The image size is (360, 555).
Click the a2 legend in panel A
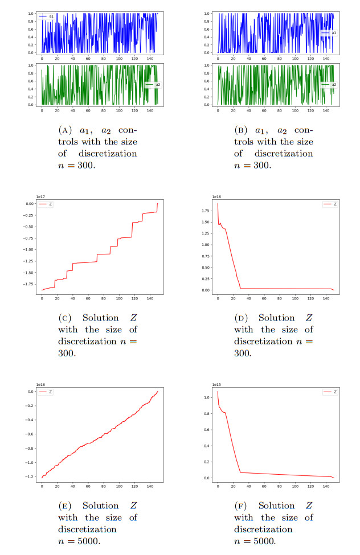pos(152,84)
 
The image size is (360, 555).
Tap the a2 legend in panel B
pos(329,84)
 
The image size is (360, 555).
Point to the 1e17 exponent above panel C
pos(40,196)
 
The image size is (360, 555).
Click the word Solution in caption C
pos(101,318)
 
